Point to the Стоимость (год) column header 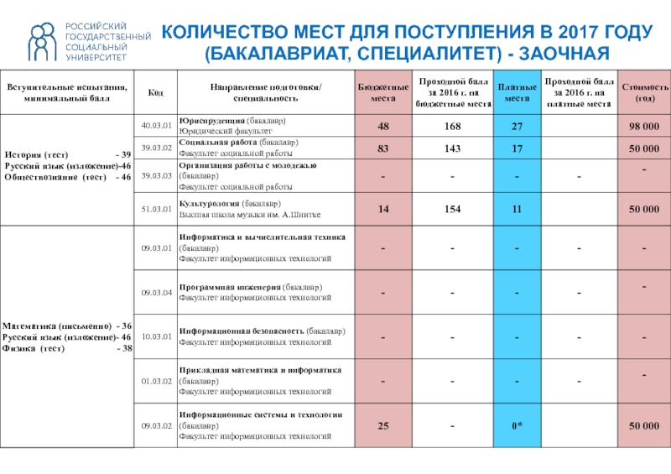coord(646,92)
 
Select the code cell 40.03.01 coord(156,126)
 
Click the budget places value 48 coord(383,126)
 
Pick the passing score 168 coord(453,126)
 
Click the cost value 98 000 coord(644,126)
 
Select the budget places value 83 coord(383,148)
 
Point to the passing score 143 coord(453,148)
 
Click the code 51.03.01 coord(156,209)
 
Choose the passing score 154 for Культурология coord(453,209)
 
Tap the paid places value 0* coord(518,426)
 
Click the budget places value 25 coord(383,426)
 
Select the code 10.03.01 coord(156,336)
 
